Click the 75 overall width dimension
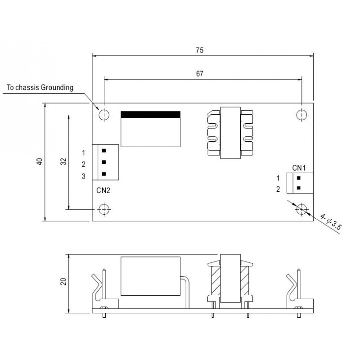click(x=199, y=50)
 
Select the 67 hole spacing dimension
click(x=199, y=74)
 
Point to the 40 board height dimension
click(x=40, y=162)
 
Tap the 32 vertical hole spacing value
click(x=63, y=162)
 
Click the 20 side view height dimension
click(x=63, y=282)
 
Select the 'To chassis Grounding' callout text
click(x=40, y=87)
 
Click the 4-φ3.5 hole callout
click(x=331, y=222)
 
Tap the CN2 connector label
click(x=103, y=190)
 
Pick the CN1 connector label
click(x=299, y=168)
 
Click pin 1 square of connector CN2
click(x=104, y=151)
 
